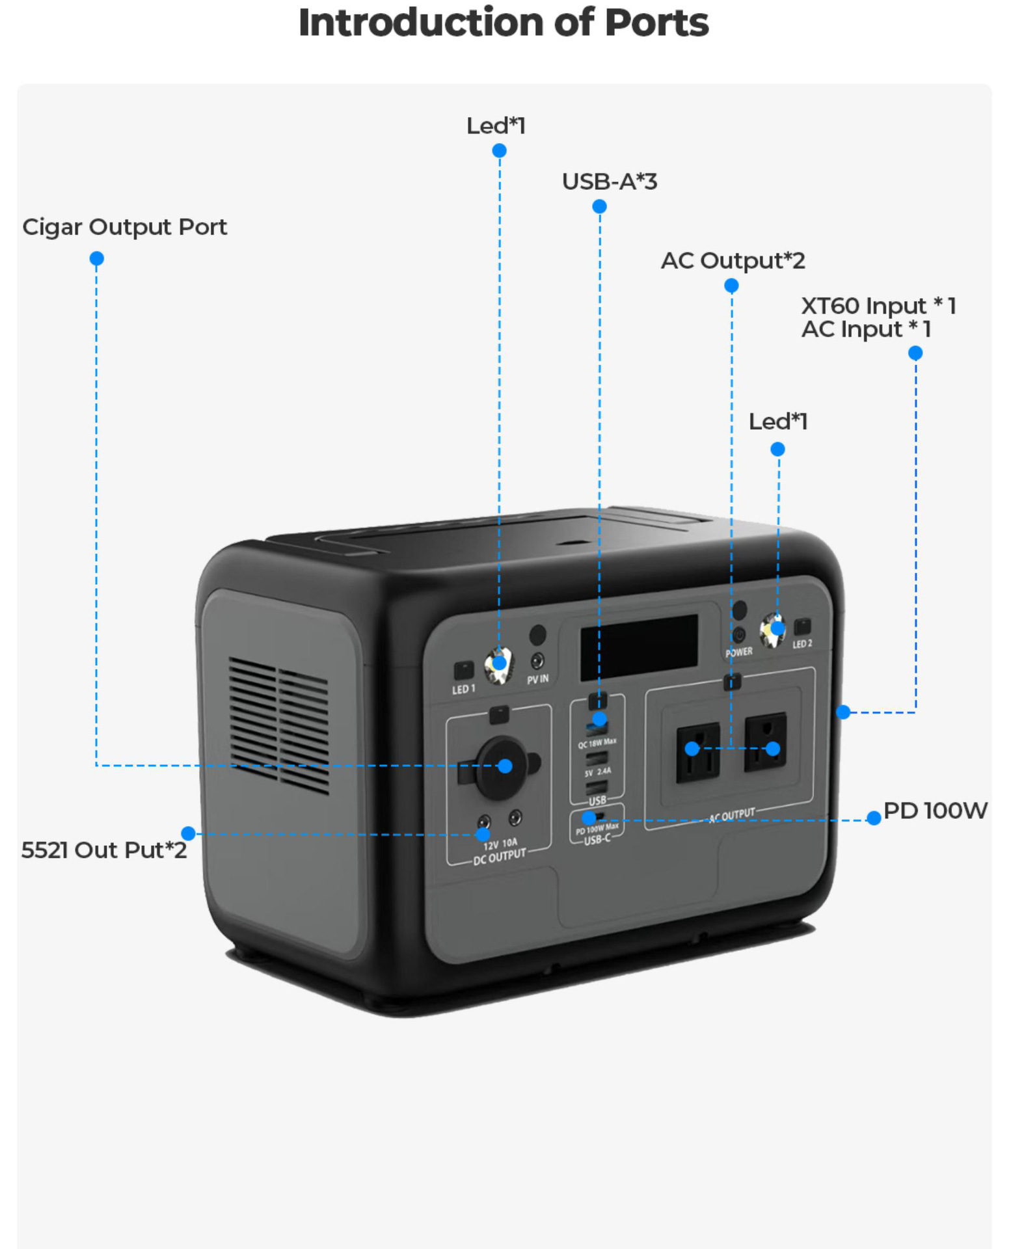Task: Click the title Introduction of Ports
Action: [503, 23]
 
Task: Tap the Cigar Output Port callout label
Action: [124, 227]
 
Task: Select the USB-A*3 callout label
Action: [609, 181]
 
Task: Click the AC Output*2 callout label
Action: [733, 261]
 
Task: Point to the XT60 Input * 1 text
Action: [878, 306]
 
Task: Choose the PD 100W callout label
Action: [935, 811]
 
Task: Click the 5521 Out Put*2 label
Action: [103, 850]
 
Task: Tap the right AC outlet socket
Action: [765, 742]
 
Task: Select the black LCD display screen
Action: [639, 647]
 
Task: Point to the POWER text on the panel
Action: [739, 652]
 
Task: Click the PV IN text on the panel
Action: [537, 679]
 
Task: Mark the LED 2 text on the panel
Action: [802, 644]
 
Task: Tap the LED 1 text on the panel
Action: [463, 689]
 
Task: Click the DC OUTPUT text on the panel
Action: [499, 857]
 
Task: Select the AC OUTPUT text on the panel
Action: [732, 815]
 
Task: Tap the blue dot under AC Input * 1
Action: [915, 353]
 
